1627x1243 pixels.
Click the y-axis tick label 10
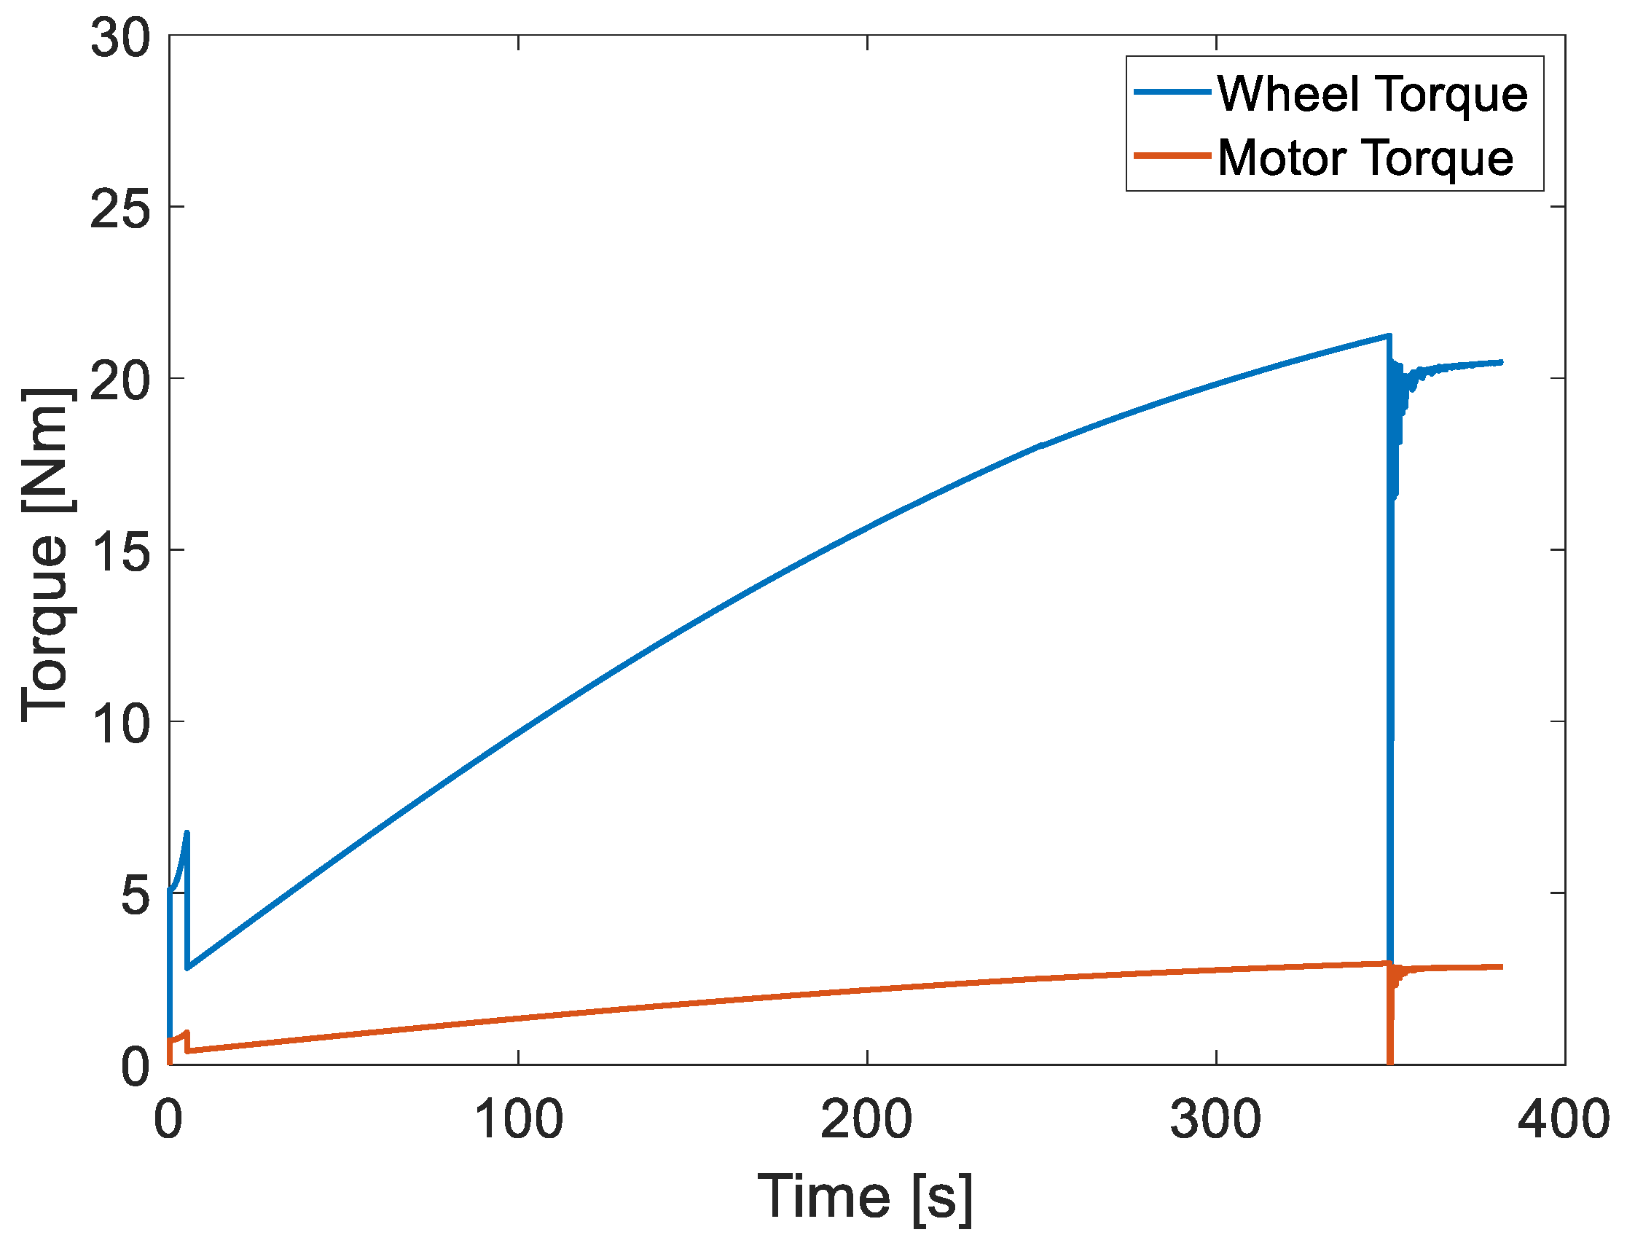[x=120, y=724]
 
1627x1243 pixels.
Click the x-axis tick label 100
[x=518, y=1119]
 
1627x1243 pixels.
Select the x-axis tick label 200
[x=866, y=1119]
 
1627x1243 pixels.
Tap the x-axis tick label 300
[x=1215, y=1119]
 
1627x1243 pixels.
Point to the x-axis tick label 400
[x=1564, y=1119]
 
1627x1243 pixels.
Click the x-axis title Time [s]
[x=865, y=1196]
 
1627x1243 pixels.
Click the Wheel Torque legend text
[x=1373, y=95]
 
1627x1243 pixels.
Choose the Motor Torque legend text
[x=1366, y=157]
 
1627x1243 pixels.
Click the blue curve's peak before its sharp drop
[x=1389, y=336]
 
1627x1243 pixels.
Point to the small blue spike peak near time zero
[x=187, y=833]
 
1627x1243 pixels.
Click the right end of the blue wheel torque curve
[x=1501, y=363]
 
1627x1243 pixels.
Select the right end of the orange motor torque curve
[x=1501, y=967]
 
